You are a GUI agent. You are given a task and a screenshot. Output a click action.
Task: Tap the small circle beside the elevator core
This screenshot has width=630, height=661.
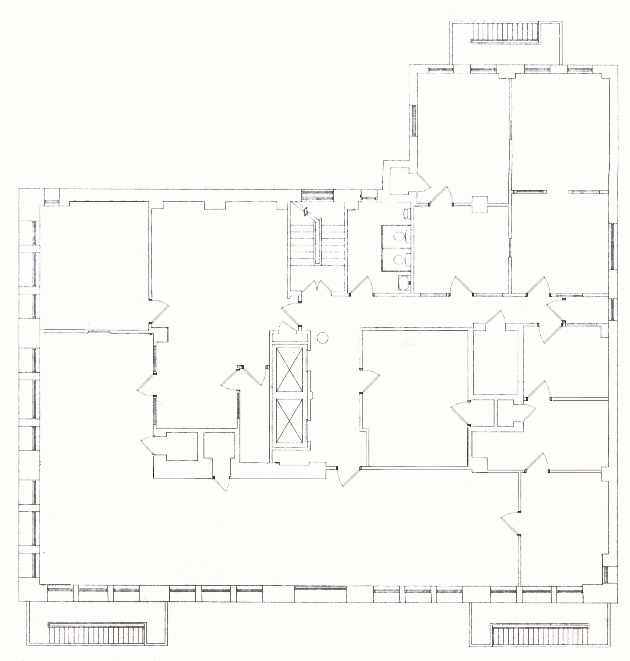coord(323,337)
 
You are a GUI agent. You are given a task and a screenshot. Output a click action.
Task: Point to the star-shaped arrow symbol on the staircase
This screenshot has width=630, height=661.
coord(305,212)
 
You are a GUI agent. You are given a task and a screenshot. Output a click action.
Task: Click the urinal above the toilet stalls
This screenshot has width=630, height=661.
coord(407,213)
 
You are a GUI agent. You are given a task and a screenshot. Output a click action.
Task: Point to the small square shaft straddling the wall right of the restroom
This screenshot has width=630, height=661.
coord(480,204)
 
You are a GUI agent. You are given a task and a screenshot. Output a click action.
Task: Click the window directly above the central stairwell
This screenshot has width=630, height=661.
coord(317,193)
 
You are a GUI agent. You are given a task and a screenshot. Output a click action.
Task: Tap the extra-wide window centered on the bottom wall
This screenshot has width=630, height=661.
coord(320,589)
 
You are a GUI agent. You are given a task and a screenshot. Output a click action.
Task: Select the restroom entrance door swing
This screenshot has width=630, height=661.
coord(362,286)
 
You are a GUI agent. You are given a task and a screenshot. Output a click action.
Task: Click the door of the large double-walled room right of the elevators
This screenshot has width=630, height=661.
coord(369,381)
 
